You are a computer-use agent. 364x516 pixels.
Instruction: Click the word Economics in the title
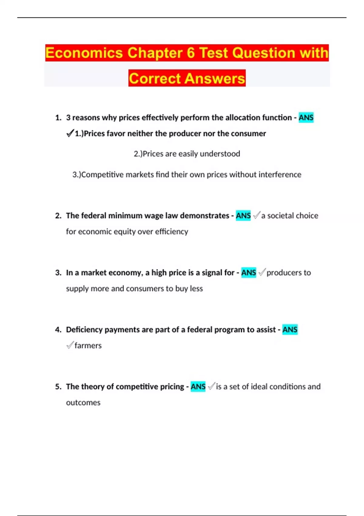coord(84,53)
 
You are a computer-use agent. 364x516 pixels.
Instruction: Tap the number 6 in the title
coord(190,53)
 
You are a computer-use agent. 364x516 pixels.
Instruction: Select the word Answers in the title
coord(214,78)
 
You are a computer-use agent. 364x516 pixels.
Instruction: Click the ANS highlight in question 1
coord(306,117)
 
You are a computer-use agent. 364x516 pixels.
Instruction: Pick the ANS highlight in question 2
coord(243,216)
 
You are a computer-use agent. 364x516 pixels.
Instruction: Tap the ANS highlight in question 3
coord(248,273)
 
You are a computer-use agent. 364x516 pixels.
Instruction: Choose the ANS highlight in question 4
coord(290,329)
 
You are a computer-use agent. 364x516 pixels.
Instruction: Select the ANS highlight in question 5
coord(198,386)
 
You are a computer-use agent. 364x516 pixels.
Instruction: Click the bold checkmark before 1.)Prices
coord(70,133)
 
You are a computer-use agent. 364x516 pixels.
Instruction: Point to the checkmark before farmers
coord(70,345)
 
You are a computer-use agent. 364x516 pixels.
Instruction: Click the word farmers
coord(88,345)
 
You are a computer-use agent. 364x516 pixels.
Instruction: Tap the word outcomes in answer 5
coord(83,402)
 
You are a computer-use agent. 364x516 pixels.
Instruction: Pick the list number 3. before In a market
coord(58,273)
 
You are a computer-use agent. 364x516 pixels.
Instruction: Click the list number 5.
coord(58,386)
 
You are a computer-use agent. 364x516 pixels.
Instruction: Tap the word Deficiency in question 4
coord(84,329)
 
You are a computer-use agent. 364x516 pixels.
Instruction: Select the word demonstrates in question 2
coord(204,216)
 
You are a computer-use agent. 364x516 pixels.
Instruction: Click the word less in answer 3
coord(196,288)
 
